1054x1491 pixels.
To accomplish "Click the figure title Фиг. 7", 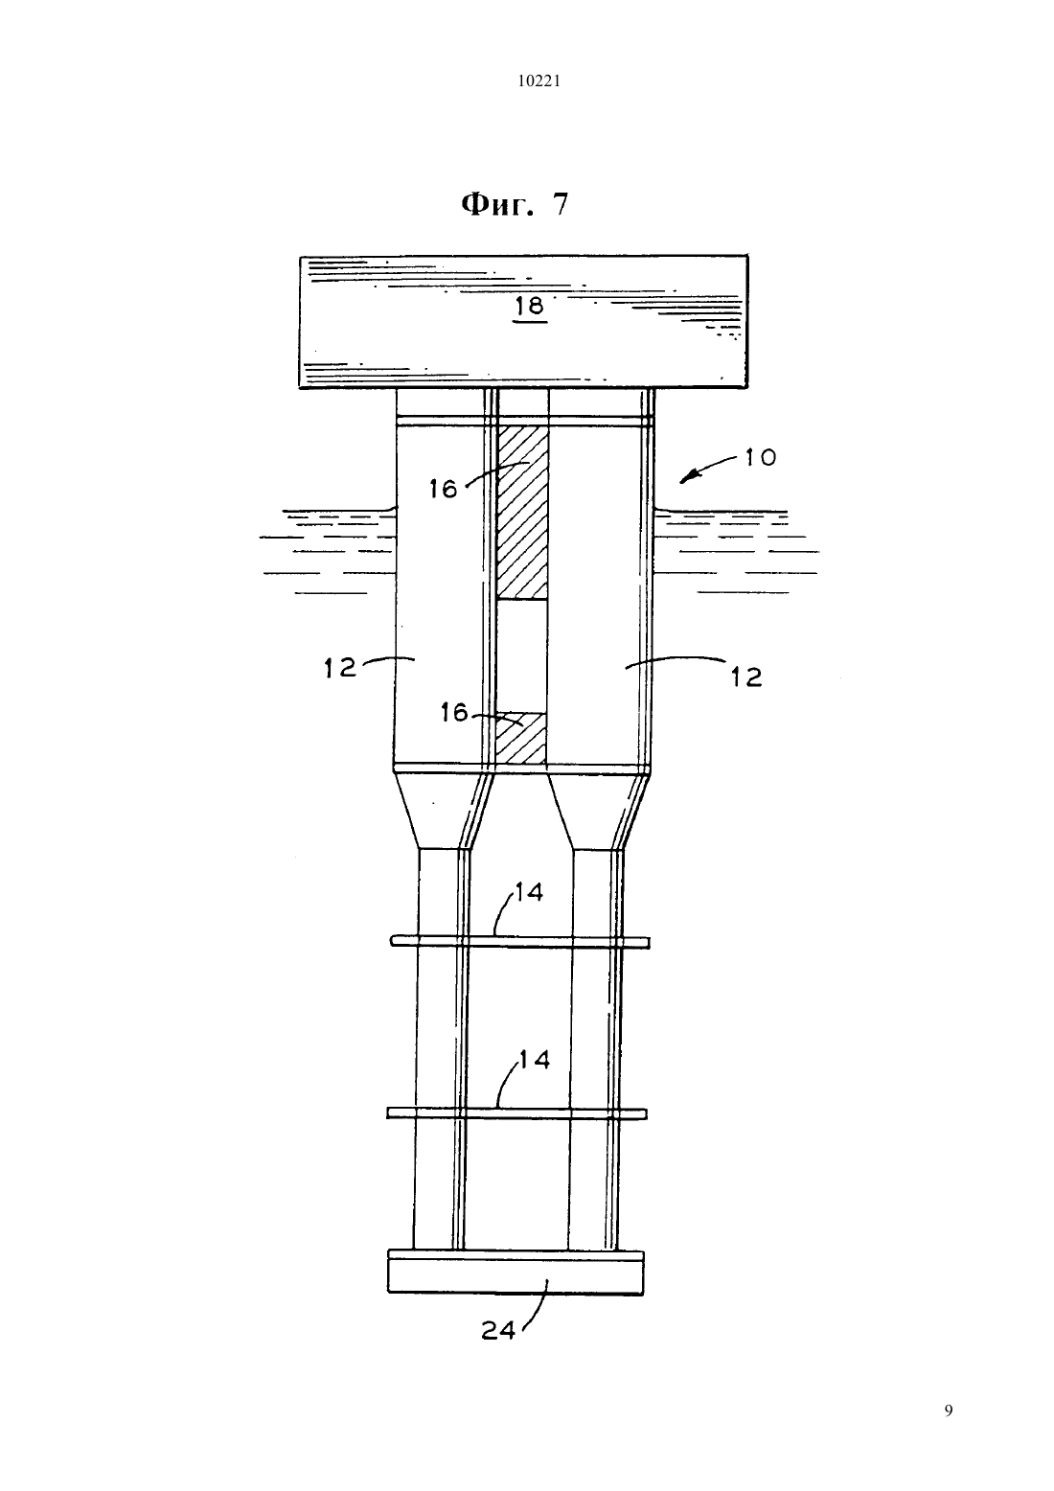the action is pos(516,205).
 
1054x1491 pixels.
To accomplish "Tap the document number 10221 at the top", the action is pos(538,81).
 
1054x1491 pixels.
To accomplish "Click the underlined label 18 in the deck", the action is pos(530,307).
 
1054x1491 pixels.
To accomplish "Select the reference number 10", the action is pos(761,458).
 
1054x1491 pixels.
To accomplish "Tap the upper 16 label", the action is pos(443,490).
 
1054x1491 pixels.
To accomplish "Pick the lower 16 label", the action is pos(454,713).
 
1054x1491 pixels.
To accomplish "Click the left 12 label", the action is pos(340,668).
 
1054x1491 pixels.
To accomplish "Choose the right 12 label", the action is pos(745,677).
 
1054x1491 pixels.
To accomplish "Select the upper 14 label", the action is pos(529,892).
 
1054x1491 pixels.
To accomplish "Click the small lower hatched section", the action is pos(521,738).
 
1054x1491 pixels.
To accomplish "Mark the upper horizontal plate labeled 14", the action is pos(519,942).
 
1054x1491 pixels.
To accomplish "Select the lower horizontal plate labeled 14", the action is pos(516,1113).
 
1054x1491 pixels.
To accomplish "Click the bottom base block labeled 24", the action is pos(516,1272).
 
